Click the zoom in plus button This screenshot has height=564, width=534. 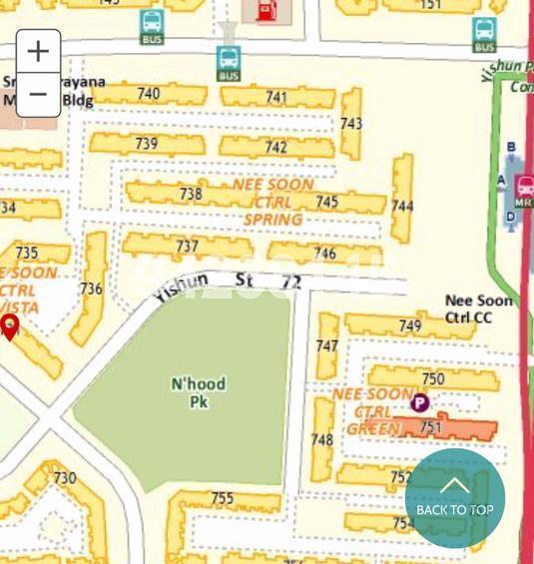38,51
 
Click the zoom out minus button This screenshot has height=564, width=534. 38,95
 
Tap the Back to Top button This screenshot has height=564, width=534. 454,498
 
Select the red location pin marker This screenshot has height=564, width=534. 10,325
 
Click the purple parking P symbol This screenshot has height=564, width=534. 420,403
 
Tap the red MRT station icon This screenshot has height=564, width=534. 524,189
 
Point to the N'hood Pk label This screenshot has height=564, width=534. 198,392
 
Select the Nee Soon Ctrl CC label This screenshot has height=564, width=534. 478,308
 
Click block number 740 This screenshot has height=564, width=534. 148,94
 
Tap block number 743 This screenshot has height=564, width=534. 350,124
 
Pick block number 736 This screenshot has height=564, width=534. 91,288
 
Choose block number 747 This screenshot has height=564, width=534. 326,345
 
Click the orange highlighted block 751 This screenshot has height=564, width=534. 431,427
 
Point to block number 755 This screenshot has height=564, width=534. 223,498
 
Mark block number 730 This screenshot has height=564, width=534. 64,478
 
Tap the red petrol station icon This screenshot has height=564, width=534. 267,11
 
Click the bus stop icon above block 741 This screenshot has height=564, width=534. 229,64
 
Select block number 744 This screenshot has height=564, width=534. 402,207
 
